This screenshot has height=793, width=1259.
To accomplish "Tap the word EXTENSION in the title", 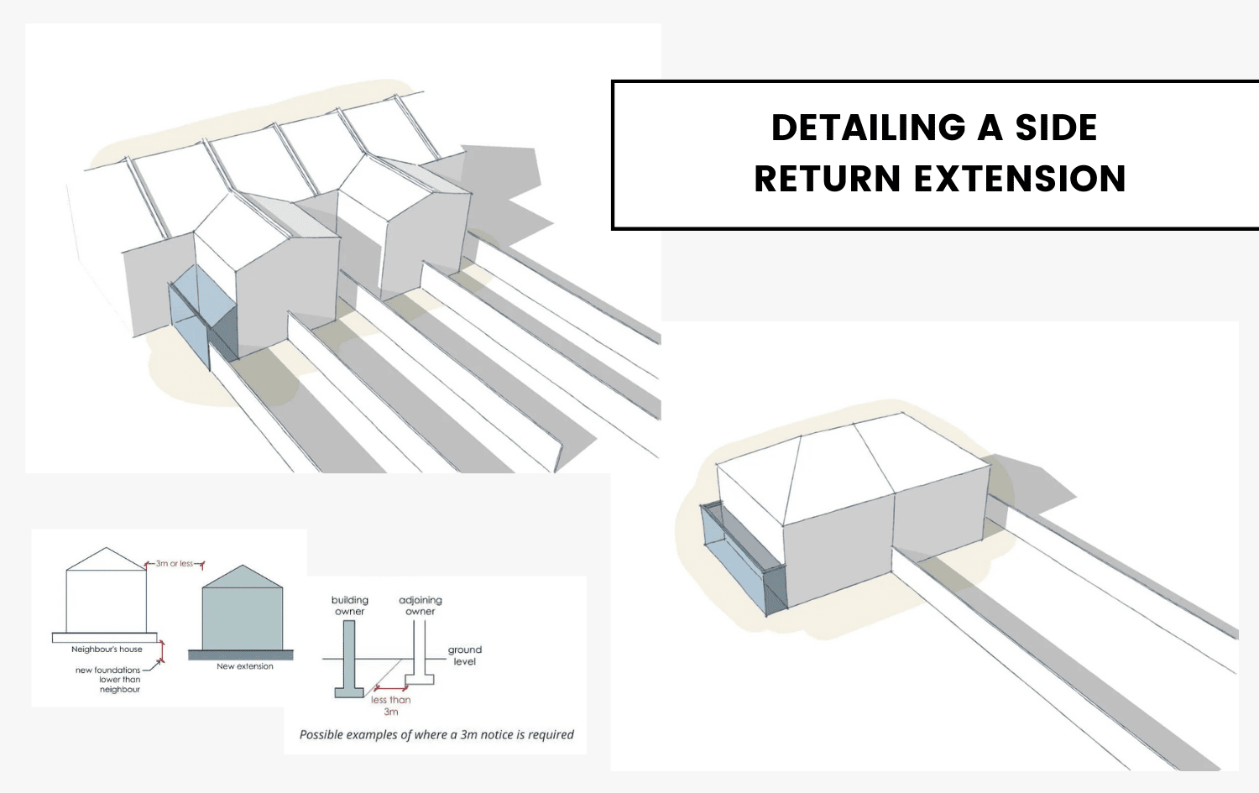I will (x=1020, y=180).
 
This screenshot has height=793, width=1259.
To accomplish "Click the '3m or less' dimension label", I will (x=175, y=564).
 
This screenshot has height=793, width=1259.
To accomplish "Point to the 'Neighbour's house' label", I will (x=107, y=650).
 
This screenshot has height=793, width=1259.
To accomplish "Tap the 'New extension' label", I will (x=245, y=666).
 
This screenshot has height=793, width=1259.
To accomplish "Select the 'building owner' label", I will (x=350, y=606).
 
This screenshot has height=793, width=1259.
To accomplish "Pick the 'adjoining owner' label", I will (x=421, y=606).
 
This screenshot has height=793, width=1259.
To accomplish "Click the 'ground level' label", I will (x=465, y=655).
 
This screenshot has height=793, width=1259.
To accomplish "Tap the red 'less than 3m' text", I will (x=391, y=706).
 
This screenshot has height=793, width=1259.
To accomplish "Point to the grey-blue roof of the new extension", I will (x=243, y=578).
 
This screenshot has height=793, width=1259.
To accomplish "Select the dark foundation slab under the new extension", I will (x=241, y=655).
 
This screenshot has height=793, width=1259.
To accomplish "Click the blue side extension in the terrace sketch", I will (x=189, y=315).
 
